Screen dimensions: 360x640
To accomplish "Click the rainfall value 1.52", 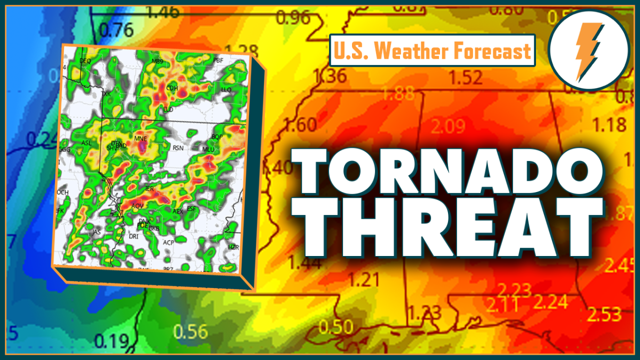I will [466, 78].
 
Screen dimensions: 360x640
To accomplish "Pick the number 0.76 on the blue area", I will [116, 30].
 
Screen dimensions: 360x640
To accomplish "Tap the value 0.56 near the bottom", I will [190, 332].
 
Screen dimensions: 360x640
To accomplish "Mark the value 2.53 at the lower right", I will [604, 314].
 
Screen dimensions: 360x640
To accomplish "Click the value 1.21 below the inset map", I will [363, 279].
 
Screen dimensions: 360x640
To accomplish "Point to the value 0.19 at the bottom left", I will [113, 340].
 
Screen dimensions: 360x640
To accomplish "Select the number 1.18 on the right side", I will [609, 125].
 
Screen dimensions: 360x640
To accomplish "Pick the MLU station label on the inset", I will [207, 150].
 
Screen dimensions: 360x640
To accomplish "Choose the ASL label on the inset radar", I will [86, 143].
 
